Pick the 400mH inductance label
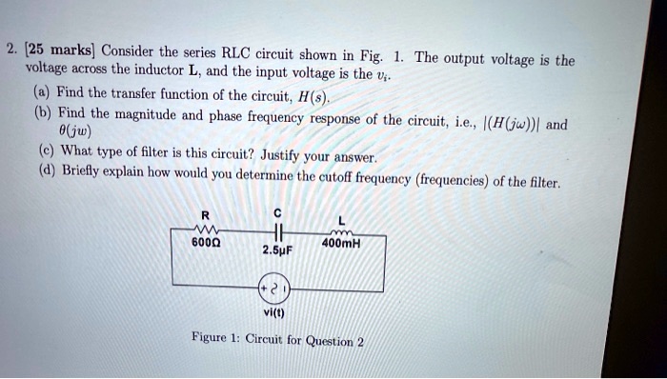click(x=340, y=243)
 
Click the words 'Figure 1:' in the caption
click(x=218, y=339)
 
